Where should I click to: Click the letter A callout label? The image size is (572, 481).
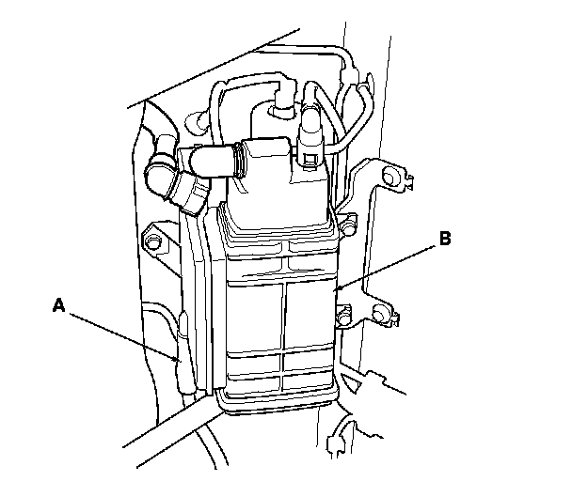tap(59, 303)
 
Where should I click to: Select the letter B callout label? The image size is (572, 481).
tap(444, 239)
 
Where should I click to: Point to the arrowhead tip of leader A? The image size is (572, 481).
tap(180, 360)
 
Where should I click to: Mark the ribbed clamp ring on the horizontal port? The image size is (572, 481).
tap(243, 160)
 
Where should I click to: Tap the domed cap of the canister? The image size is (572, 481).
tap(278, 197)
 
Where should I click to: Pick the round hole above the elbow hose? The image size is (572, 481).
tap(197, 120)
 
